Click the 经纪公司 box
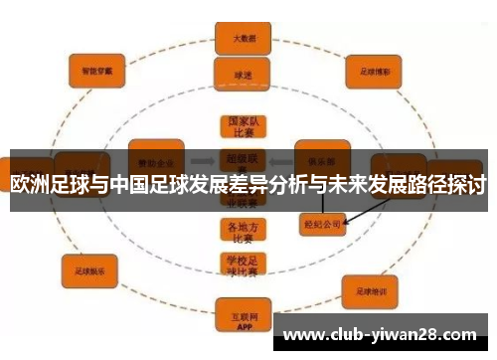point(320,225)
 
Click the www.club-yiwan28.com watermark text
point(381,334)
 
